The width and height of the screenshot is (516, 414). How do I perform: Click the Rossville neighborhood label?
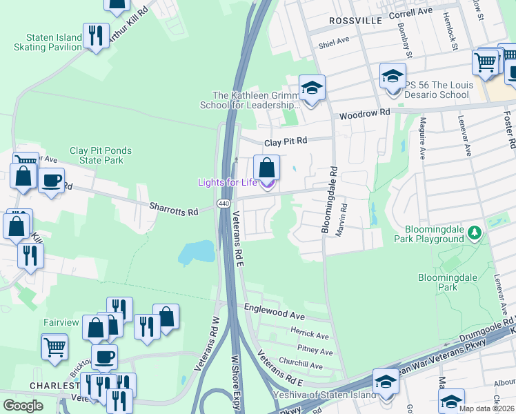[x=355, y=21]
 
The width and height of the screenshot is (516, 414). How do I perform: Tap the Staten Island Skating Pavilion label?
[x=43, y=42]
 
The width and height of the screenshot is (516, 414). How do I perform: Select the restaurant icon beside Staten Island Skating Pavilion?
[x=96, y=37]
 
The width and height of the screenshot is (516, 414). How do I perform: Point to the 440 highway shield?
[x=223, y=204]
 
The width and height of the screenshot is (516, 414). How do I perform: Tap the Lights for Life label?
[x=227, y=182]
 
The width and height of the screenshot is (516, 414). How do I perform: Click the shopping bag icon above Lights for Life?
[x=266, y=168]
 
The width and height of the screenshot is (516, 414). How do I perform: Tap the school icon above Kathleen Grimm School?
[x=311, y=88]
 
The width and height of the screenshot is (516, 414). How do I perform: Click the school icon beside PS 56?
[x=393, y=77]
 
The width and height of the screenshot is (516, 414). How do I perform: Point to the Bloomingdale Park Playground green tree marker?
[x=474, y=233]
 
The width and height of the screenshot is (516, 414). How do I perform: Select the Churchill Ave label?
[x=300, y=364]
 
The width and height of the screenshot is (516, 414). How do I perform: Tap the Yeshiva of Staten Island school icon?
[x=386, y=382]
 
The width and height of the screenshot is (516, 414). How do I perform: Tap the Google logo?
[x=23, y=406]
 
